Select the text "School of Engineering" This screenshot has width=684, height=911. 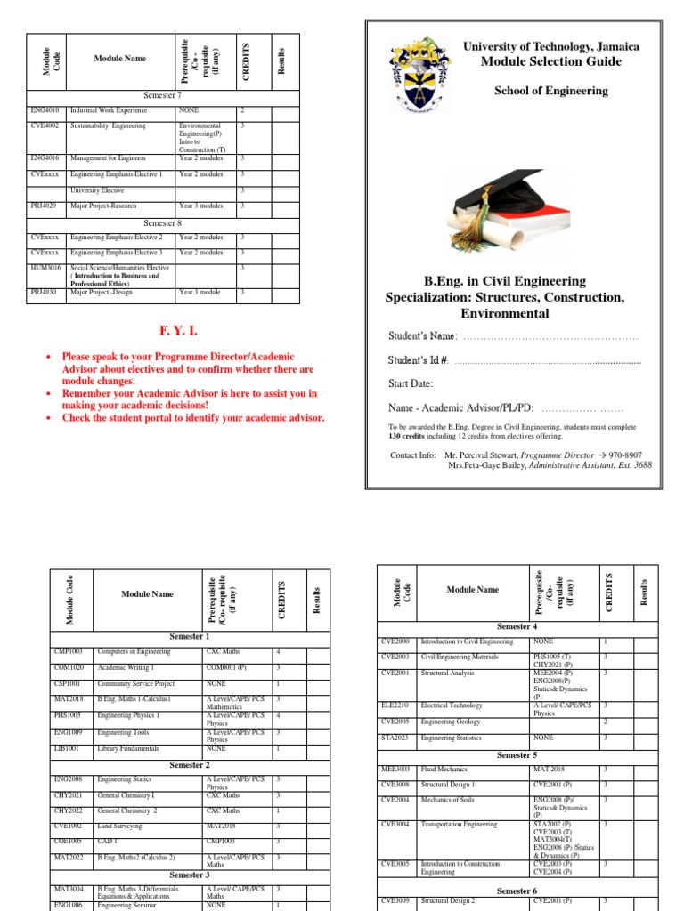pyautogui.click(x=551, y=91)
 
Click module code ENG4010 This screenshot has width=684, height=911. pyautogui.click(x=44, y=111)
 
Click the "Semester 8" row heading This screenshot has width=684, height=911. pyautogui.click(x=162, y=223)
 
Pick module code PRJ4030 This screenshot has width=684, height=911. pyautogui.click(x=44, y=291)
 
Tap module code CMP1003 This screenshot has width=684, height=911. pyautogui.click(x=69, y=652)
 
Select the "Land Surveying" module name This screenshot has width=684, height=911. pyautogui.click(x=121, y=826)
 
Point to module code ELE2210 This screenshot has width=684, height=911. pyautogui.click(x=395, y=705)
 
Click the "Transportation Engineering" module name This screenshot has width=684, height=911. pyautogui.click(x=460, y=825)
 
